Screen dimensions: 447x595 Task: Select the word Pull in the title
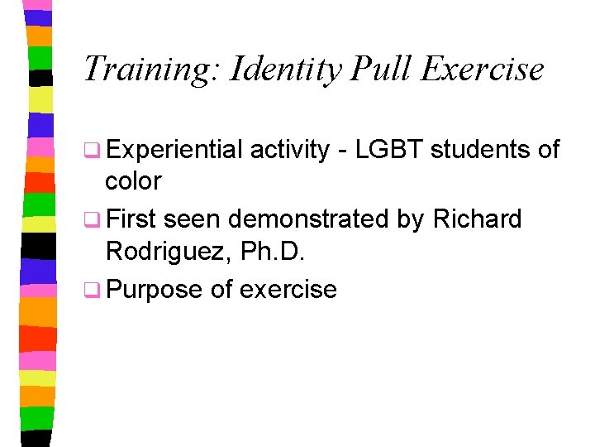[x=381, y=69]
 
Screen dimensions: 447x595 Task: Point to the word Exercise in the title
[x=482, y=69]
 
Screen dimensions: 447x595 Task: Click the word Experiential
[x=174, y=150]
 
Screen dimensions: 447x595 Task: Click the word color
[x=133, y=181]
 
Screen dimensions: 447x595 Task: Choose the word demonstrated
[x=307, y=219]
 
